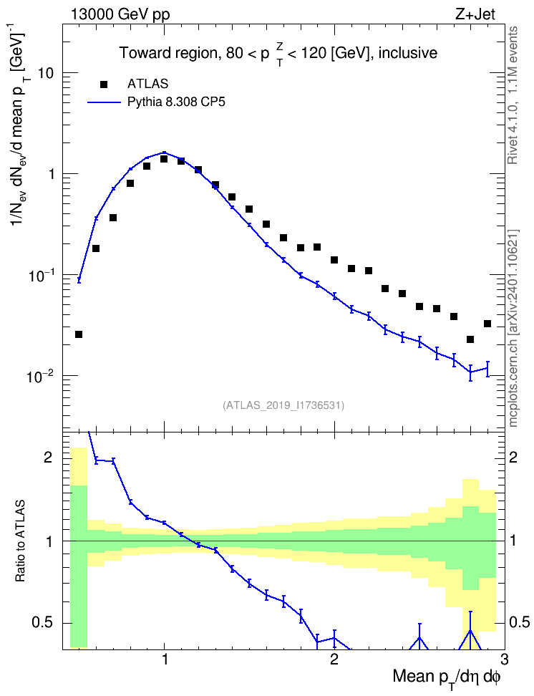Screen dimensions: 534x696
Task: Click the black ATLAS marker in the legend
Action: (104, 84)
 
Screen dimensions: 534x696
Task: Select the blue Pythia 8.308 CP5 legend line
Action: (104, 102)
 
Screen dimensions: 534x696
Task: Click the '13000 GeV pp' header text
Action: (120, 14)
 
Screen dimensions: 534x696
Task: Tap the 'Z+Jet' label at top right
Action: (475, 14)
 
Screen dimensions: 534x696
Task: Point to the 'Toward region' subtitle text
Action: (169, 53)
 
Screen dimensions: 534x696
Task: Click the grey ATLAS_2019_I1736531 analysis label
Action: (283, 405)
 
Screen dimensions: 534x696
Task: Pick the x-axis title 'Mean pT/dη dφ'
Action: (446, 677)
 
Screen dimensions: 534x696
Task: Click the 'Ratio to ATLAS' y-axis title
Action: (20, 541)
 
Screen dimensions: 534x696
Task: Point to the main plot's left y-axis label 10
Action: (46, 73)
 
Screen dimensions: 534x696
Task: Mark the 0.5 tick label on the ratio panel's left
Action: (43, 623)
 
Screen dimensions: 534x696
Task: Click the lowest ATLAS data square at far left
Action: (79, 334)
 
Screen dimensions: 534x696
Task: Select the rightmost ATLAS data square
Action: (487, 324)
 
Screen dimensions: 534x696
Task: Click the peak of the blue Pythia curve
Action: (164, 153)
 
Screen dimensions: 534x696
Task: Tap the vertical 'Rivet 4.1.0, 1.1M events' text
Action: (513, 95)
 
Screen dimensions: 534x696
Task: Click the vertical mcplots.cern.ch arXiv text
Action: (513, 328)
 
